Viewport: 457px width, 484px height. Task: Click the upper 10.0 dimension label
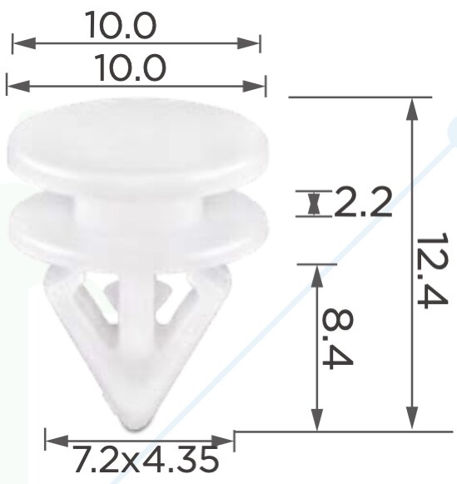point(121,25)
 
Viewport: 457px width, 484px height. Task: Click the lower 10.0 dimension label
point(132,67)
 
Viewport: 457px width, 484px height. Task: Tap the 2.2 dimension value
point(363,202)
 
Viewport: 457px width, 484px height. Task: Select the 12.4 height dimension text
point(432,270)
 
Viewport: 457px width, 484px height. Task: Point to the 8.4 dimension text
point(337,338)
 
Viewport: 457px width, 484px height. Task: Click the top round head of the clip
point(138,143)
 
